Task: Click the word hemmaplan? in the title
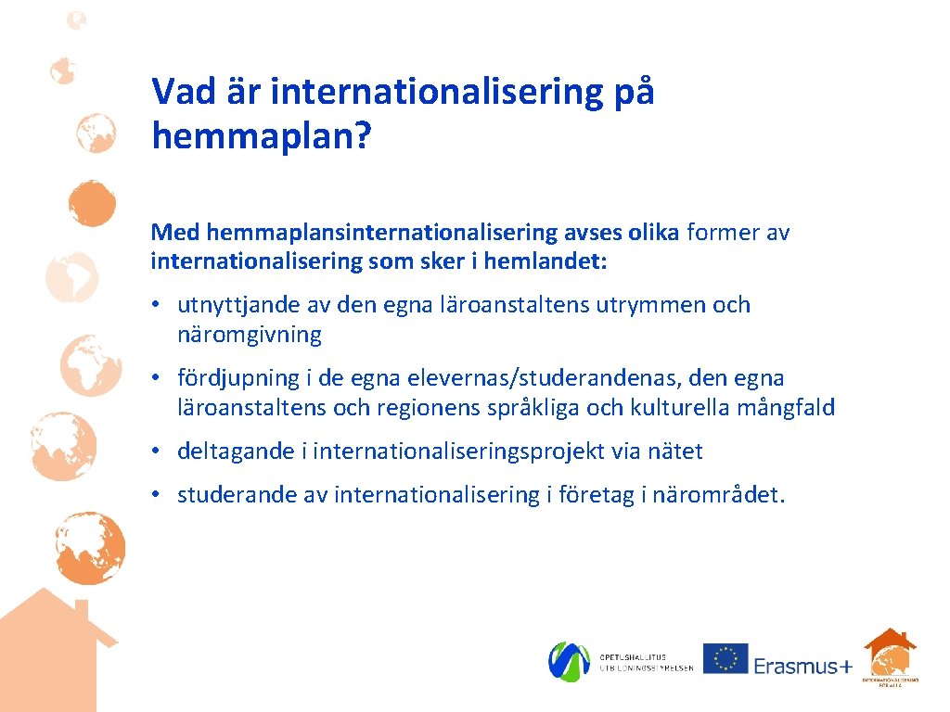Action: pyautogui.click(x=261, y=136)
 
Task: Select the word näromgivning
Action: pyautogui.click(x=250, y=335)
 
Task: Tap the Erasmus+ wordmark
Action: pyautogui.click(x=802, y=667)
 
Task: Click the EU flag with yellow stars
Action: pyautogui.click(x=725, y=658)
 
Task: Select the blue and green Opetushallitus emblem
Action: pyautogui.click(x=569, y=661)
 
